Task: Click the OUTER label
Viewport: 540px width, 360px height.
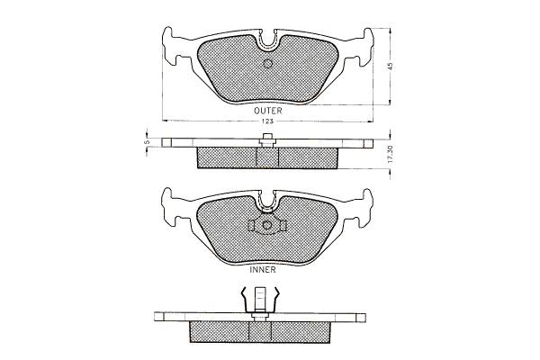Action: coord(268,111)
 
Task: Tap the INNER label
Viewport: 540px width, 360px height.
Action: coord(263,270)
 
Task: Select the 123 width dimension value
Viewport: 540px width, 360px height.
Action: coord(268,121)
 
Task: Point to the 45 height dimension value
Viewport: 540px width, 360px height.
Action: coord(390,66)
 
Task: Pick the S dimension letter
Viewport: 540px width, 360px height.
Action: coord(147,141)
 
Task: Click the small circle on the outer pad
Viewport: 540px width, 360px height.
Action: coord(267,64)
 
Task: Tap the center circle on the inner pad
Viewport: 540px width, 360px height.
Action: coord(266,225)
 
